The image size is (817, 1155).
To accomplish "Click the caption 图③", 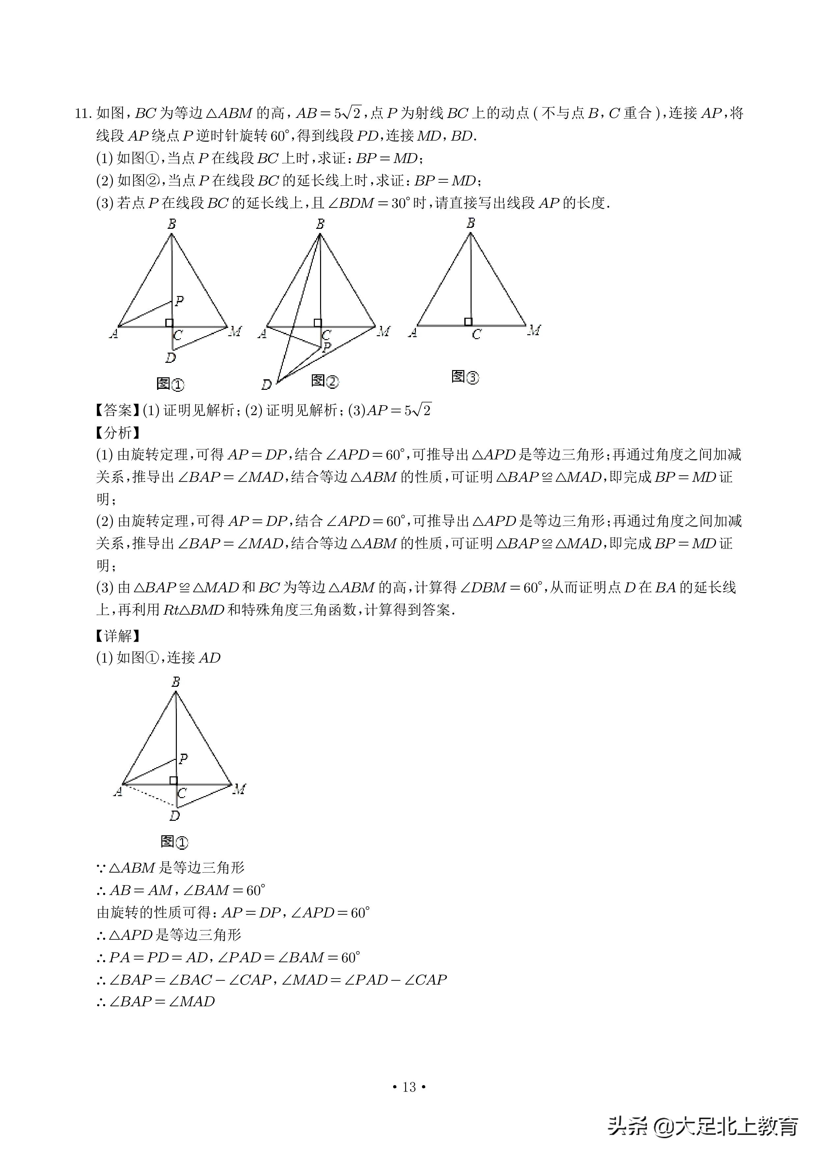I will pyautogui.click(x=465, y=377).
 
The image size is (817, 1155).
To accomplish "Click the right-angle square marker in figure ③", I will pyautogui.click(x=468, y=321).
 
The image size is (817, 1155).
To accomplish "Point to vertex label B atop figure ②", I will pyautogui.click(x=320, y=224).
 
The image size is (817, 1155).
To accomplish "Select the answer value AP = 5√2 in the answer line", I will pyautogui.click(x=399, y=411).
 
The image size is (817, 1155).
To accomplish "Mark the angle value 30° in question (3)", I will pyautogui.click(x=401, y=203).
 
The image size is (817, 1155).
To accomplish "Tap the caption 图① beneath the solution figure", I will pyautogui.click(x=174, y=842).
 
